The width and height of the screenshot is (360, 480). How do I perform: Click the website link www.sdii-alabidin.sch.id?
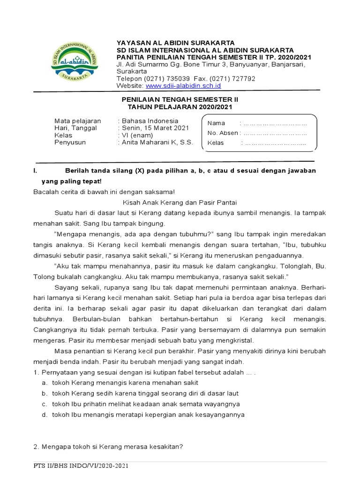pyautogui.click(x=183, y=86)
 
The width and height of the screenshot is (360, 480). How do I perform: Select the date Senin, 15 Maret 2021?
pyautogui.click(x=155, y=127)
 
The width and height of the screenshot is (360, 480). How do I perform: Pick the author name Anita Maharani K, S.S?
pyautogui.click(x=157, y=142)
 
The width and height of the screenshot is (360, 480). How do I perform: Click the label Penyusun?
pyautogui.click(x=70, y=142)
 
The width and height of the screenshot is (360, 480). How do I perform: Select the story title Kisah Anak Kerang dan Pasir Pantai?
pyautogui.click(x=180, y=202)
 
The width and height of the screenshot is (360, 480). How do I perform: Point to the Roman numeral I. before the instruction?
pyautogui.click(x=36, y=171)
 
